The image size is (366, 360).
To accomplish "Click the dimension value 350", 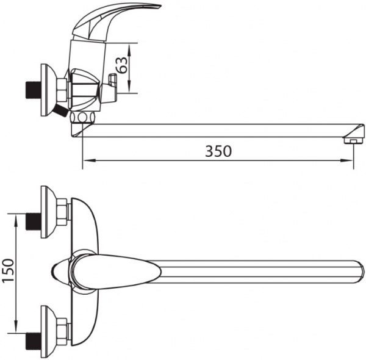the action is pyautogui.click(x=218, y=151).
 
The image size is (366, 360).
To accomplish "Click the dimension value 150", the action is pyautogui.click(x=9, y=270).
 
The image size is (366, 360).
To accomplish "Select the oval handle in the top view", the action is pyautogui.click(x=115, y=272).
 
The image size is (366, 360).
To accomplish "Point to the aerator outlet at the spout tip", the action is pyautogui.click(x=354, y=141).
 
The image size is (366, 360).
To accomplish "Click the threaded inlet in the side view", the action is pyautogui.click(x=32, y=90).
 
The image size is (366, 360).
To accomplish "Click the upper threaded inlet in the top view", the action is pyautogui.click(x=33, y=221).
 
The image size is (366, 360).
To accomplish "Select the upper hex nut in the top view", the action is pyautogui.click(x=62, y=212).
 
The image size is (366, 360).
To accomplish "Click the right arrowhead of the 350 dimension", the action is pyautogui.click(x=346, y=160).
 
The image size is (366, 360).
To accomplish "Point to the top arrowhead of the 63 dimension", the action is pyautogui.click(x=130, y=49).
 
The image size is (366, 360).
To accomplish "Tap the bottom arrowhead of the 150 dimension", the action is pyautogui.click(x=16, y=326).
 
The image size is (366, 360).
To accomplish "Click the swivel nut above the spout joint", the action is pyautogui.click(x=82, y=117).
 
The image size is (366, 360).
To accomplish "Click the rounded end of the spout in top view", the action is pyautogui.click(x=361, y=272).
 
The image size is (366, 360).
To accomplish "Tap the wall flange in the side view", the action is pyautogui.click(x=48, y=90).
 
